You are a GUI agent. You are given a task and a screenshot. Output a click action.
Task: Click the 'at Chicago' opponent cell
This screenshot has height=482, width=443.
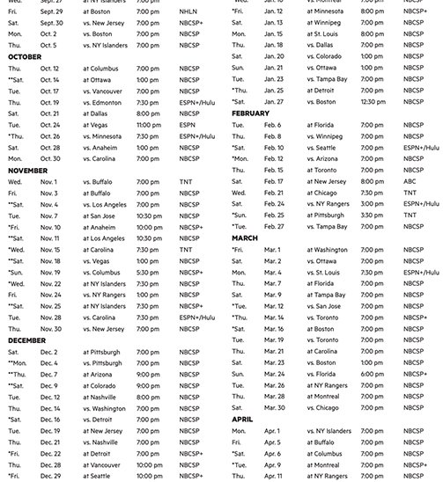322,192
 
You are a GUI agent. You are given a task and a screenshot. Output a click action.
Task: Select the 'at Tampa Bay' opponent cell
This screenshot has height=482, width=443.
329,295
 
